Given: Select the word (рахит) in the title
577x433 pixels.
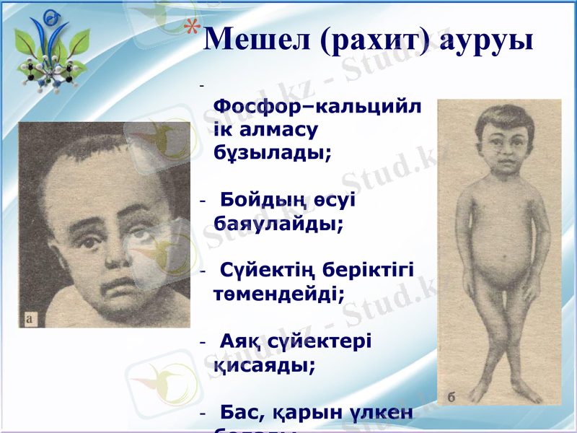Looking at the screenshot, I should [x=374, y=40].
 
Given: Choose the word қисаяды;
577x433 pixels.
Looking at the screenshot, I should [x=264, y=364].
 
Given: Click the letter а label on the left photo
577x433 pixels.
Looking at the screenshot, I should [x=30, y=315].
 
